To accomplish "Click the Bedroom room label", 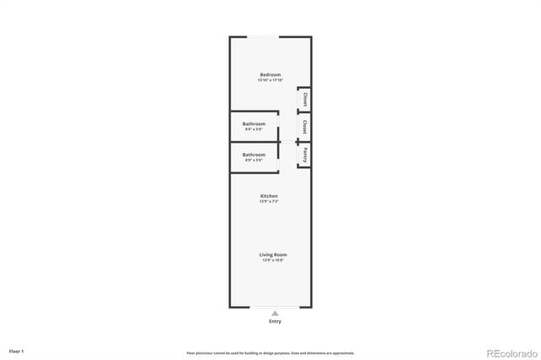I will [270, 75].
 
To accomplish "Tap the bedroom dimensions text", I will [270, 80].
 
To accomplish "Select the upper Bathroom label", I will [254, 124].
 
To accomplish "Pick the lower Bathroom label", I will [254, 155].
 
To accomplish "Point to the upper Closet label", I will [304, 100].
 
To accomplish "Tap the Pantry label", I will [304, 155].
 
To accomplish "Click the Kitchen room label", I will [269, 196].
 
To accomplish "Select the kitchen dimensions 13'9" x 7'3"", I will [269, 201].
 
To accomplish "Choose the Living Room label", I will [273, 254].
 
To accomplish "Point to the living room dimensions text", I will [273, 259].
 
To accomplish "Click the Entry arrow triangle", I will [275, 314].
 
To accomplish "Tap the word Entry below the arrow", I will [275, 321].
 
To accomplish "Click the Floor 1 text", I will [16, 350].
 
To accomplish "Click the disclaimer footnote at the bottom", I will [270, 352].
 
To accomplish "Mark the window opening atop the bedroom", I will [270, 36].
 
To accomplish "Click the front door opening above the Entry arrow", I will [275, 307].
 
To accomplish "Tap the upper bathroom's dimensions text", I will [254, 129].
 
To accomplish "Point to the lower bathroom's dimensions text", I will [254, 160].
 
